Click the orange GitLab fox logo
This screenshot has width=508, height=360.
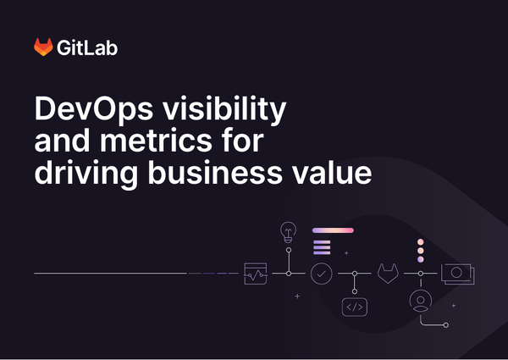click(x=43, y=47)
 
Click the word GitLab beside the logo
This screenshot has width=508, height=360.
click(x=87, y=47)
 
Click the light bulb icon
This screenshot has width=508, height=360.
click(x=289, y=231)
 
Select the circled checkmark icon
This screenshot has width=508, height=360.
click(x=321, y=274)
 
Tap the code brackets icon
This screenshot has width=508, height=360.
click(x=354, y=307)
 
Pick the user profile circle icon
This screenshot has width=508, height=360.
click(x=421, y=302)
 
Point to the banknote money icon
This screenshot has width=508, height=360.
click(x=456, y=274)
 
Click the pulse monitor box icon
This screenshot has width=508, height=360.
click(x=256, y=274)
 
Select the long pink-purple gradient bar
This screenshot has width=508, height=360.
click(x=333, y=230)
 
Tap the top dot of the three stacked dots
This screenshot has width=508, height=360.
click(x=420, y=242)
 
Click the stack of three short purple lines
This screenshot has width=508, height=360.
click(x=321, y=247)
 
